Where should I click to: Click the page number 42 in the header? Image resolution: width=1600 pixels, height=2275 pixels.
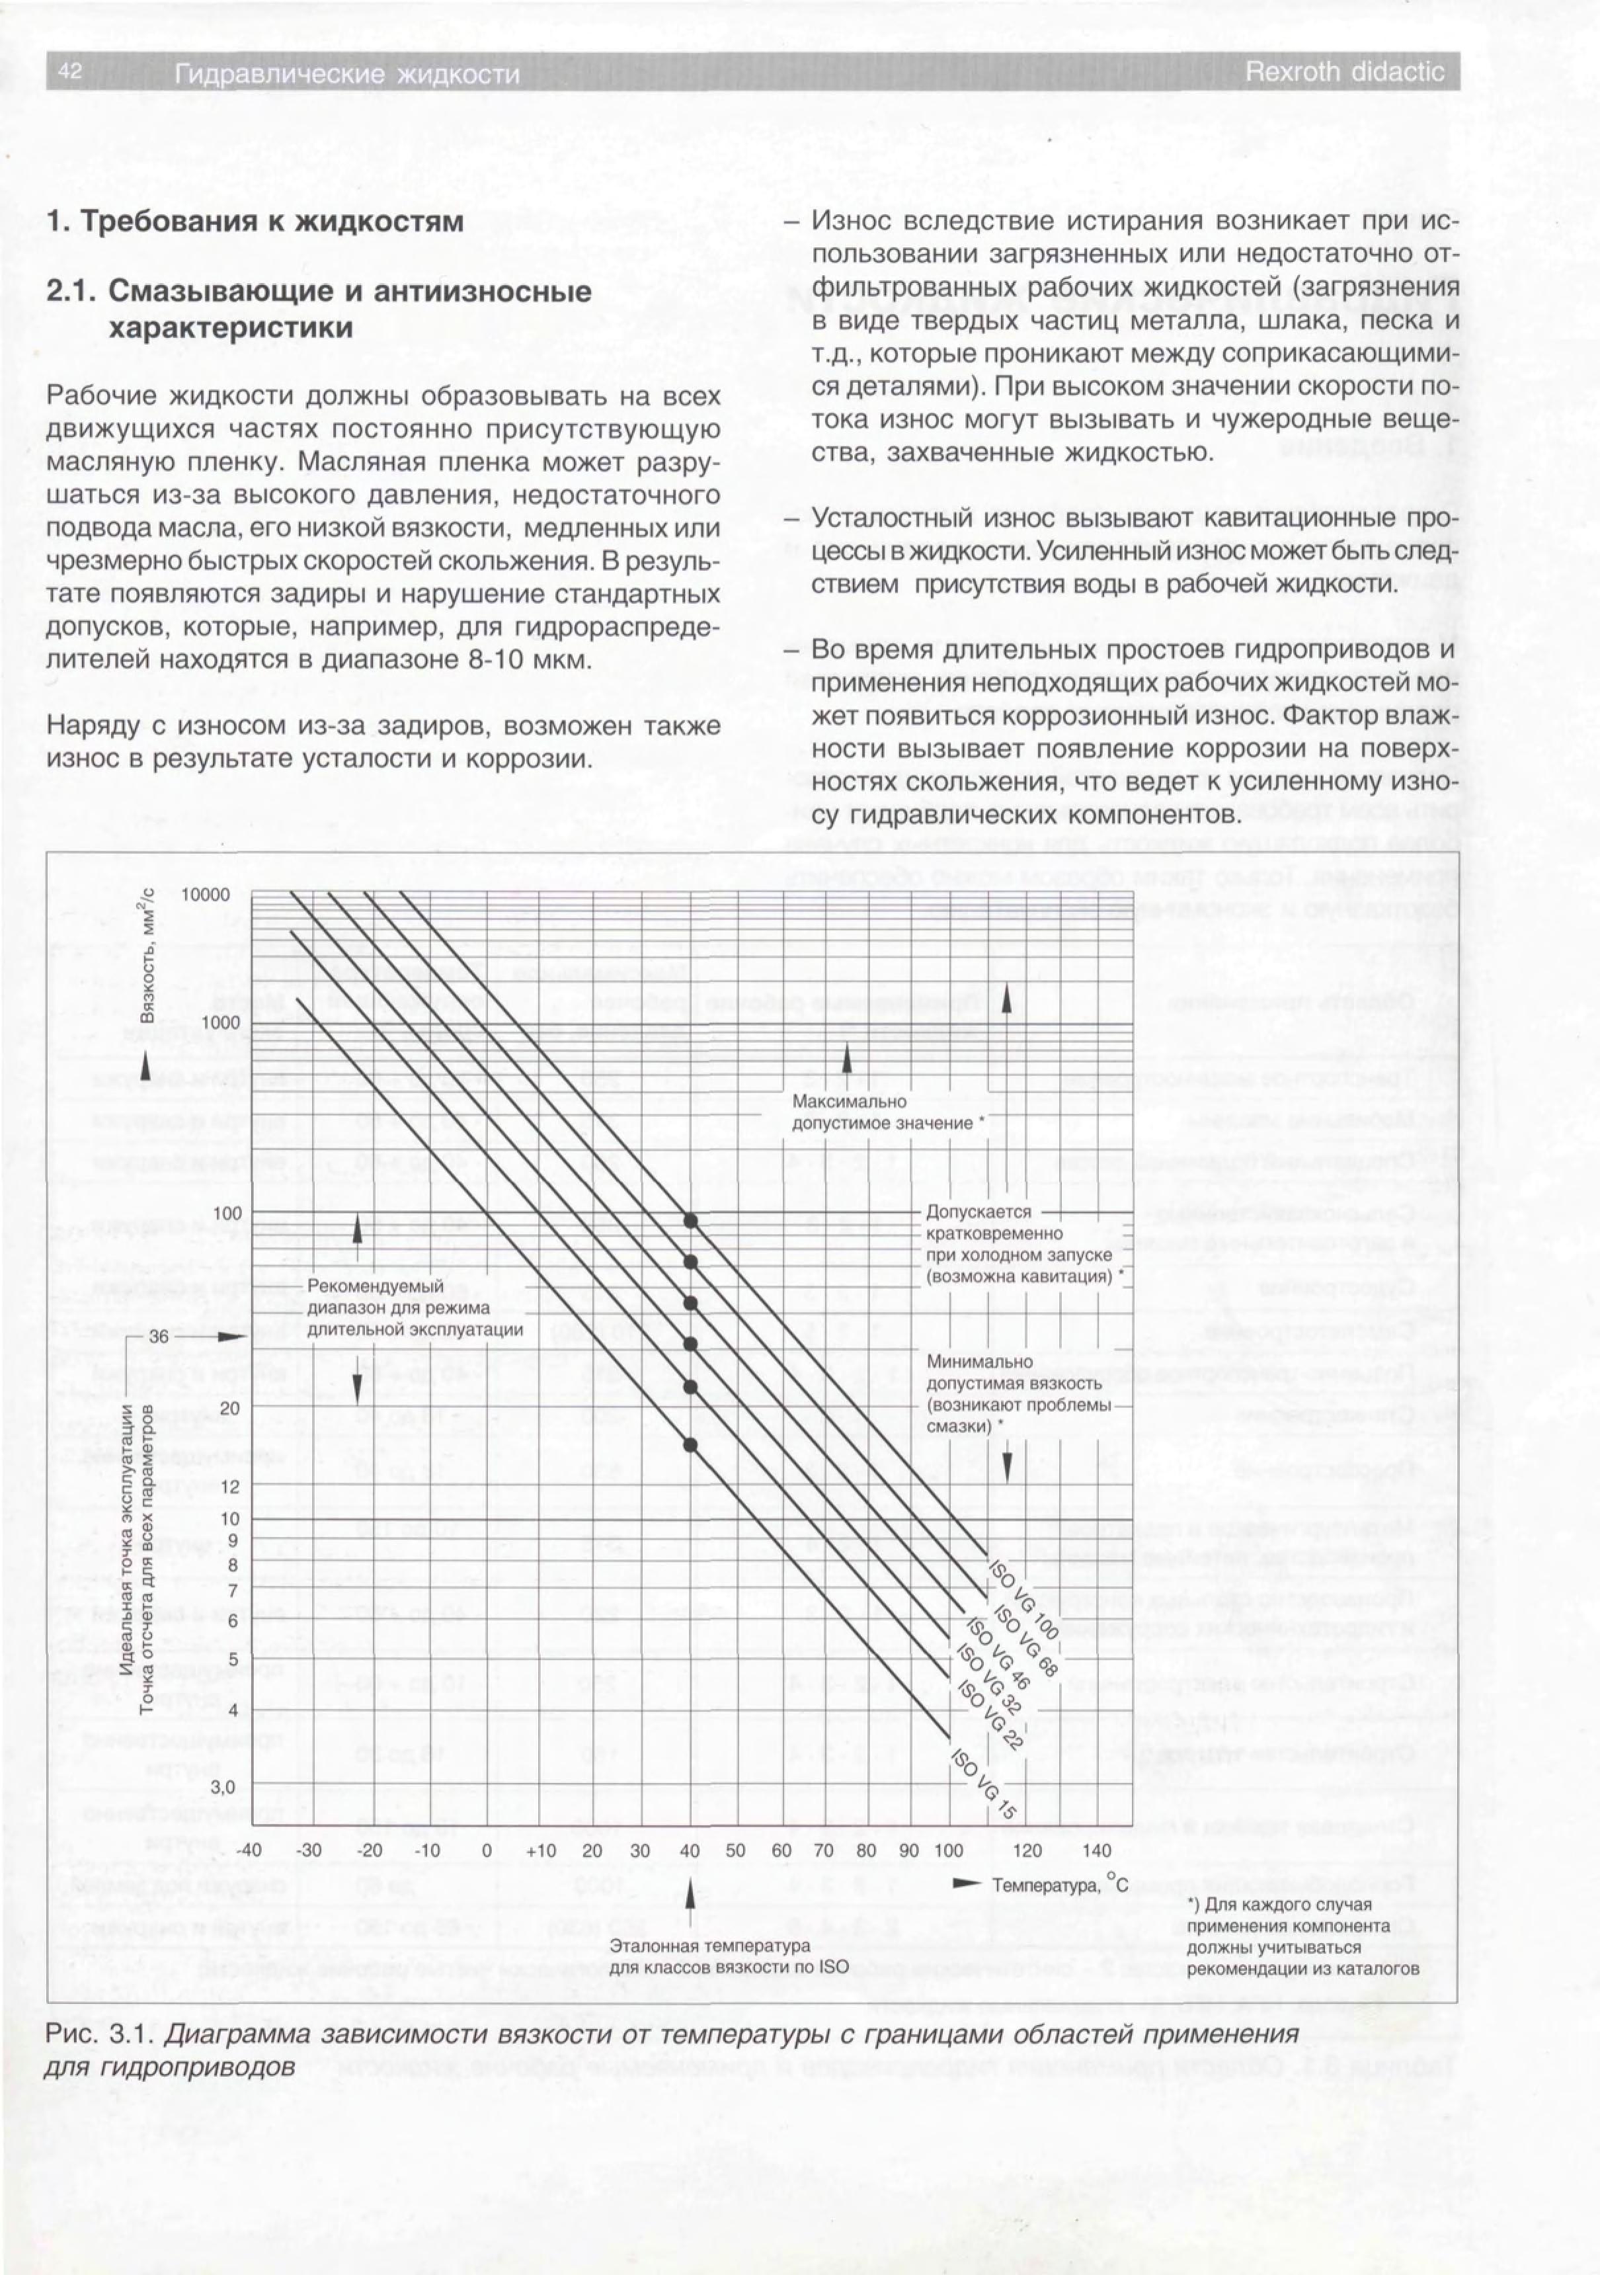[69, 71]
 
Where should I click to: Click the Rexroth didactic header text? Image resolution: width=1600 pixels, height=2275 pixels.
[1344, 72]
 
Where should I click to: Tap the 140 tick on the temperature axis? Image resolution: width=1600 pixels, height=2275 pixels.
[1097, 1850]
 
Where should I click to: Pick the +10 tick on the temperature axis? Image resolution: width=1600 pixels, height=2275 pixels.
[541, 1850]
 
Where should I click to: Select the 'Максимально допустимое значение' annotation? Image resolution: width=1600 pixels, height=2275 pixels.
[883, 1112]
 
